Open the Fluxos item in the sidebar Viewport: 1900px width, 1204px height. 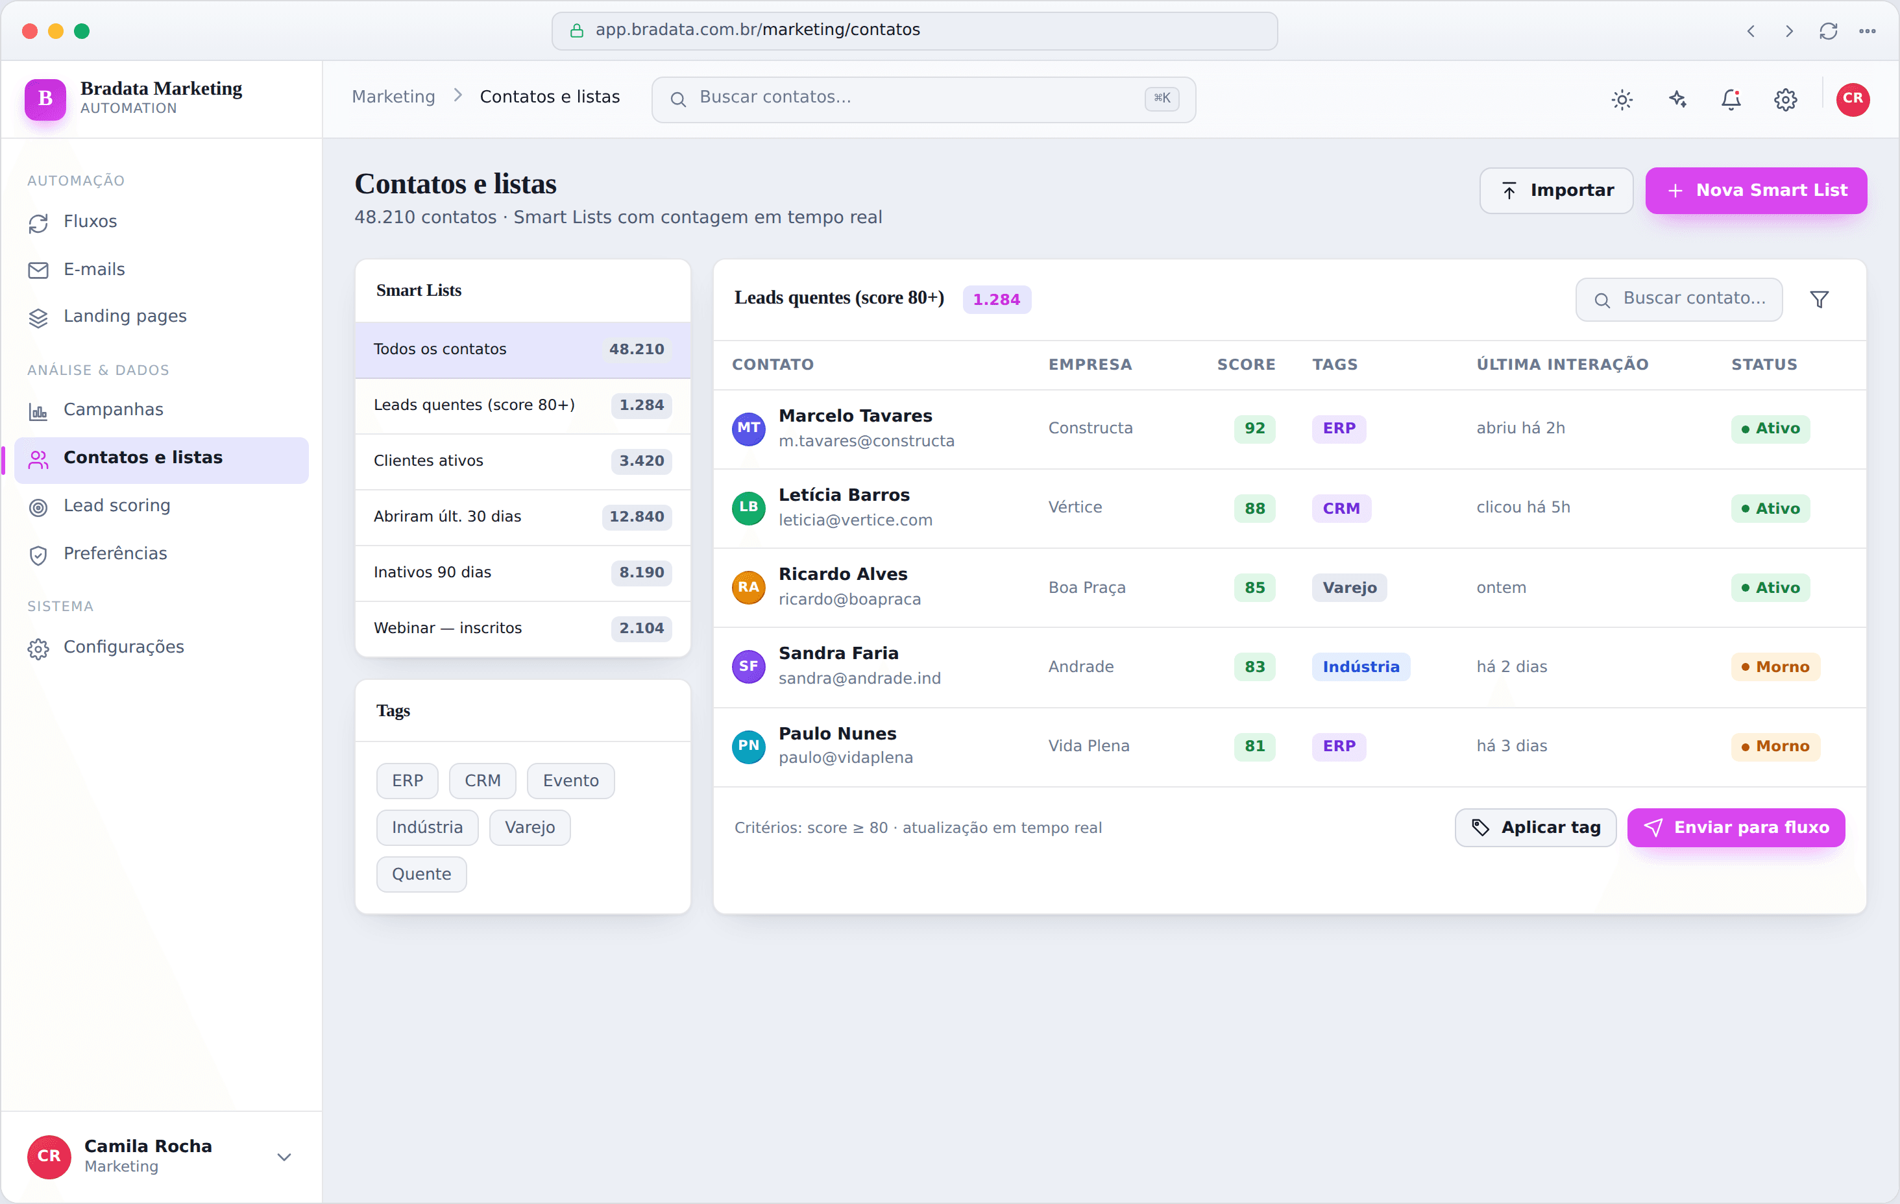click(90, 222)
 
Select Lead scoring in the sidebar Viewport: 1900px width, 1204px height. click(117, 506)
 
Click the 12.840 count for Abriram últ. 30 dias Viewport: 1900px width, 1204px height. click(636, 517)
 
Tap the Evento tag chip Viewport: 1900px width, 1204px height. click(570, 780)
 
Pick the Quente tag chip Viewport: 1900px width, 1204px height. click(421, 874)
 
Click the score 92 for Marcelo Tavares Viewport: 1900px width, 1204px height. click(1254, 428)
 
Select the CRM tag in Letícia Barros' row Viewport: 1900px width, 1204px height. click(1341, 508)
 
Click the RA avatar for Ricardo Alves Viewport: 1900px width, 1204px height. click(748, 587)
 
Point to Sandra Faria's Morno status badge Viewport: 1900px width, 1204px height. click(1775, 667)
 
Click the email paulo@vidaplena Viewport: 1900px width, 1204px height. click(846, 758)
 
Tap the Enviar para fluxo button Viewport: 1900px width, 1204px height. click(1736, 828)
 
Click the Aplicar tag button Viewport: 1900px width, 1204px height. click(1535, 828)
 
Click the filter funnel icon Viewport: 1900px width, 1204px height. click(1819, 299)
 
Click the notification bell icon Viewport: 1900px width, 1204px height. click(1731, 99)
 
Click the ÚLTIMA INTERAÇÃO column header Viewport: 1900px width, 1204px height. click(1563, 365)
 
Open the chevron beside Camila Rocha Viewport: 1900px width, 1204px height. click(284, 1157)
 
